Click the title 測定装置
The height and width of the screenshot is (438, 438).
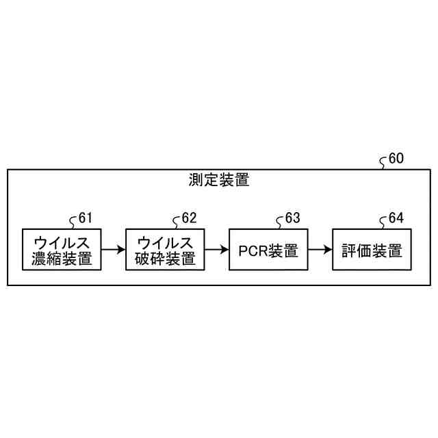[x=218, y=181]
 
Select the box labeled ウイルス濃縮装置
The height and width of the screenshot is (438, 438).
[x=62, y=250]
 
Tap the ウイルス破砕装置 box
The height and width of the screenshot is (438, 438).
[x=166, y=250]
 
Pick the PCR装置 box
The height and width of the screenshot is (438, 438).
[x=269, y=250]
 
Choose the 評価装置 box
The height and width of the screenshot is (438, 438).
[x=372, y=250]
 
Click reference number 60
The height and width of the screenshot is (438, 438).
[x=396, y=159]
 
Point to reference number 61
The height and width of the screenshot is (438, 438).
[x=85, y=218]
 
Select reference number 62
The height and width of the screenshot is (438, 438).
[x=189, y=218]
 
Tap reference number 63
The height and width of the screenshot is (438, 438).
[x=292, y=218]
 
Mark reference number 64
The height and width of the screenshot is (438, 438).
[x=396, y=218]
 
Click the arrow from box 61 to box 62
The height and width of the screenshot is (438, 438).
[x=114, y=250]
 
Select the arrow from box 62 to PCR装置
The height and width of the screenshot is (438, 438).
[x=217, y=250]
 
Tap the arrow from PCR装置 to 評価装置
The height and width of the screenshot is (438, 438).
[x=320, y=250]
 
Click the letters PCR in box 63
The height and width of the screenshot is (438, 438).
[x=253, y=251]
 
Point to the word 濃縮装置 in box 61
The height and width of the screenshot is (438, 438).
[x=62, y=259]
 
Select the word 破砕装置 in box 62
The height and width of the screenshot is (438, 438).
[x=166, y=259]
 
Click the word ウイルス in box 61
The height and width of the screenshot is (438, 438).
[x=62, y=242]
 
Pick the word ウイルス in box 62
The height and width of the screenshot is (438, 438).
[x=166, y=242]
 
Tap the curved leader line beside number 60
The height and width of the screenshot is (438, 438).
[x=383, y=162]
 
